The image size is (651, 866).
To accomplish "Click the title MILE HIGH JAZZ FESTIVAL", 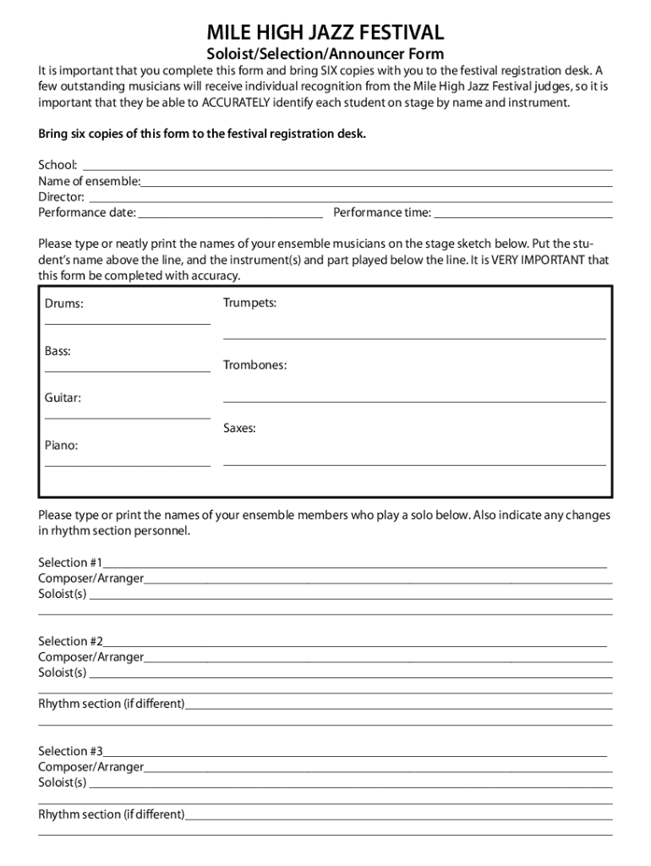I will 325,33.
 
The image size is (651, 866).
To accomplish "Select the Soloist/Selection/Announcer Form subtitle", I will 325,54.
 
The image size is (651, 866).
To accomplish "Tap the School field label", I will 57,164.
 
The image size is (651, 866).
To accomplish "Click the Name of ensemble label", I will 90,180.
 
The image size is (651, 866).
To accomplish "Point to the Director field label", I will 61,196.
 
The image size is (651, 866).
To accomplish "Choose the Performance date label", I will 86,212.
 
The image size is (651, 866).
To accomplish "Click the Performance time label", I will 382,212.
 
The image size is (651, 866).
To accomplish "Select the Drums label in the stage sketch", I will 64,303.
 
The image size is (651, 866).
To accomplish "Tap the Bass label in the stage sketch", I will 57,350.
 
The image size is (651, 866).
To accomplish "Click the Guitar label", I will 63,397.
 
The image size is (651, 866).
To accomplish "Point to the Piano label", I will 61,445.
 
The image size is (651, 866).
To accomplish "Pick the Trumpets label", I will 249,302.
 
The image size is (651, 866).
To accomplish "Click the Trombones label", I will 254,365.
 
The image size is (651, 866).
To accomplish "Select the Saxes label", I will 239,429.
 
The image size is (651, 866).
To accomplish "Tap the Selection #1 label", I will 70,562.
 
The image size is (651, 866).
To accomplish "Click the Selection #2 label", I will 70,641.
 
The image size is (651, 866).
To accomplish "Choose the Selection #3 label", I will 70,751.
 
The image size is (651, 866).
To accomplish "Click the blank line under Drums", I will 127,323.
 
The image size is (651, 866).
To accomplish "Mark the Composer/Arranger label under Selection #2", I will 90,657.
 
